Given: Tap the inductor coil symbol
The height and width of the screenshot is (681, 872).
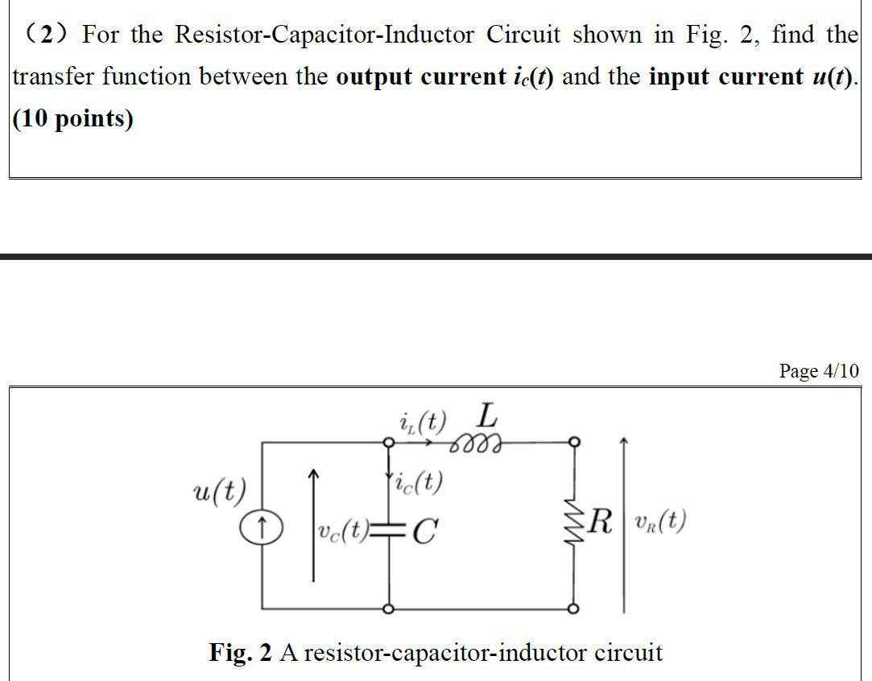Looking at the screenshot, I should tap(477, 443).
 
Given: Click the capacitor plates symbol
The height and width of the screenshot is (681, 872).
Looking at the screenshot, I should tap(389, 529).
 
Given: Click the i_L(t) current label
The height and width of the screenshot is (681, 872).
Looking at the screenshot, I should tap(422, 420).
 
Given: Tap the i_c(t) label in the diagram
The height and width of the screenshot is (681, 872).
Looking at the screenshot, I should tap(418, 482).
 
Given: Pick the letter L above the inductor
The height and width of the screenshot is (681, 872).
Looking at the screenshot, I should tap(487, 416).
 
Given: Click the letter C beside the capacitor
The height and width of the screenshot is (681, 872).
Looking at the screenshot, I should tap(427, 530).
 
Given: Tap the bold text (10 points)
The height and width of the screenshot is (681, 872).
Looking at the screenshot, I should tap(73, 119).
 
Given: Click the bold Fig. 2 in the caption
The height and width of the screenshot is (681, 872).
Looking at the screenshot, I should tap(240, 652).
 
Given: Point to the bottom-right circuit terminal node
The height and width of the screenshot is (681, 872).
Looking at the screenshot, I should tap(573, 609).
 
